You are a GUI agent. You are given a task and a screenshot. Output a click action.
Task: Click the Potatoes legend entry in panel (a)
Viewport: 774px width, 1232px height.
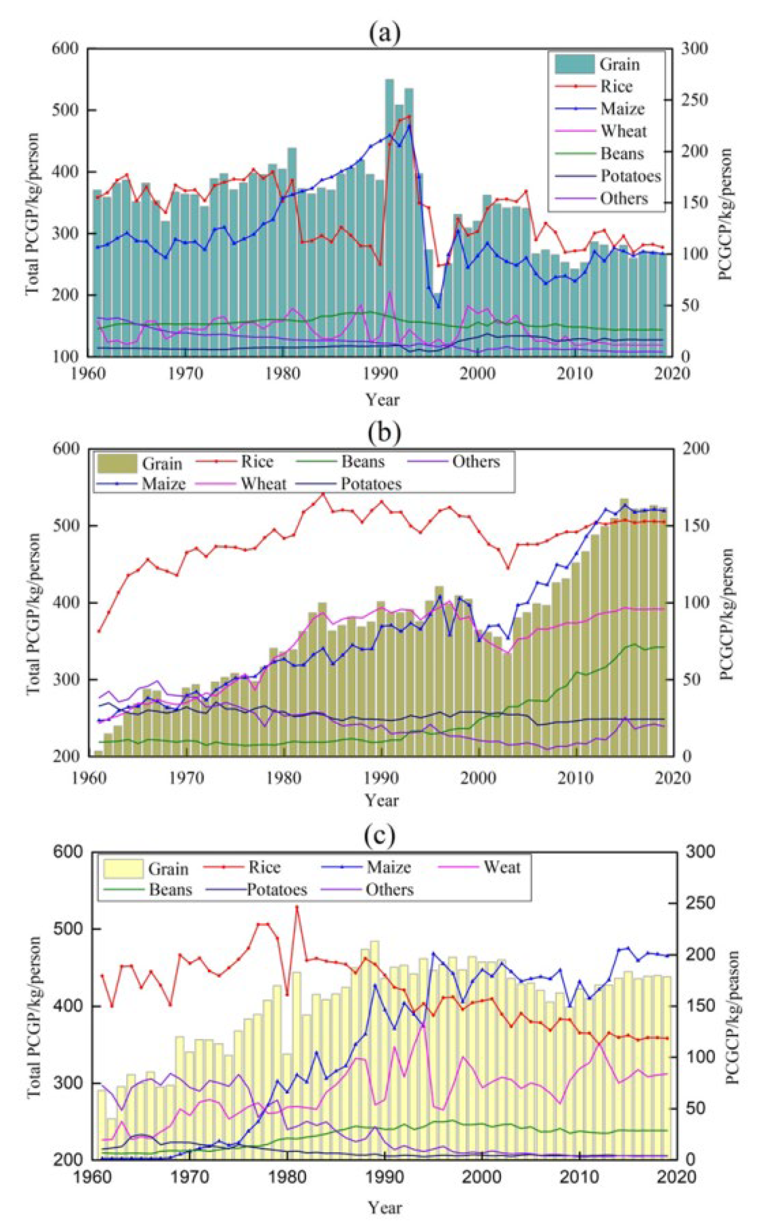pyautogui.click(x=630, y=176)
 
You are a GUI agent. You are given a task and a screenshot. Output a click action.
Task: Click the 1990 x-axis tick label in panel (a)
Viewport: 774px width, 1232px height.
pyautogui.click(x=380, y=374)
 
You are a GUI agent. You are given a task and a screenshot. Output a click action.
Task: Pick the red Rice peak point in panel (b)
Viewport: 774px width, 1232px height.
pyautogui.click(x=323, y=494)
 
